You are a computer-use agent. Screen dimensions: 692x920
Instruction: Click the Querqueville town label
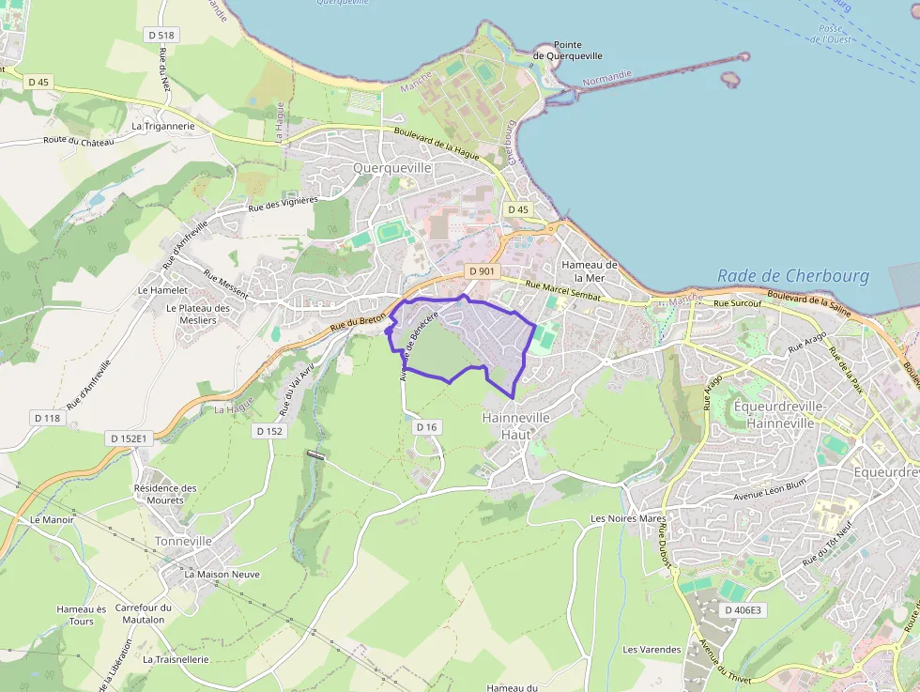(x=391, y=167)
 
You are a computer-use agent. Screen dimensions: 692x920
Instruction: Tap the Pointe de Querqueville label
(x=568, y=51)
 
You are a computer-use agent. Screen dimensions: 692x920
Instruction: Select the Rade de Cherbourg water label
(x=793, y=276)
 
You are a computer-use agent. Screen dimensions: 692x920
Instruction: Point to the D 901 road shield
(x=481, y=271)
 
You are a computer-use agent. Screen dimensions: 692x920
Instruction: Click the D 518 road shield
(x=161, y=35)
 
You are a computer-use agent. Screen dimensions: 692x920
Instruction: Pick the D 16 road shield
(x=426, y=427)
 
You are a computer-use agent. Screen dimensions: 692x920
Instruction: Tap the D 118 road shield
(x=46, y=417)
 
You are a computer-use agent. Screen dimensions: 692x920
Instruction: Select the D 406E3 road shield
(x=744, y=610)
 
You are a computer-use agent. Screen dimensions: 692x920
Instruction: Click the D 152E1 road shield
(x=130, y=438)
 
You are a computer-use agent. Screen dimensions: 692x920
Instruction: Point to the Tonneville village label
(x=183, y=542)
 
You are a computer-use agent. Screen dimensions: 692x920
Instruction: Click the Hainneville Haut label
(x=516, y=425)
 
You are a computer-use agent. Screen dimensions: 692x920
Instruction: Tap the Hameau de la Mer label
(x=590, y=271)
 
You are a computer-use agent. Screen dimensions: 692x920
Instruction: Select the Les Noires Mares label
(x=628, y=518)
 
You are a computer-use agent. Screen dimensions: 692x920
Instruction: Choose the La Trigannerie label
(x=163, y=125)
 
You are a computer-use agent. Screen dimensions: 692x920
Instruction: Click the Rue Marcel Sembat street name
(x=563, y=291)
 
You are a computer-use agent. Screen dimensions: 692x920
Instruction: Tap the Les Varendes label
(x=652, y=649)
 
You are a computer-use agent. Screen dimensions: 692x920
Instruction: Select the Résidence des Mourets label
(x=165, y=494)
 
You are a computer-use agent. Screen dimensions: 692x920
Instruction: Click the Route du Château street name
(x=78, y=141)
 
